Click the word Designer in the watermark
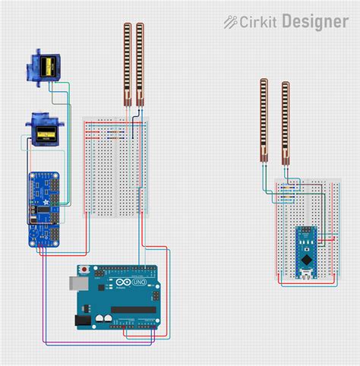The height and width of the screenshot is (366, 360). pos(315,22)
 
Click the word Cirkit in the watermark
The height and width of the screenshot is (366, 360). pos(257,22)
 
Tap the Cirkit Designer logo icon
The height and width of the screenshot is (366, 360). pos(229,22)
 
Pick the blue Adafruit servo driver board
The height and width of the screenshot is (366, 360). pos(44,209)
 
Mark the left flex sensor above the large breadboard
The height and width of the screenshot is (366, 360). pos(128,64)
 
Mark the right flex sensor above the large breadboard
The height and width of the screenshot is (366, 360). pos(140,64)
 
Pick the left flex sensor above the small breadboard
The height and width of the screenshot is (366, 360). pos(264,120)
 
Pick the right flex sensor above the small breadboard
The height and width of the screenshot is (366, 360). pos(286,121)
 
